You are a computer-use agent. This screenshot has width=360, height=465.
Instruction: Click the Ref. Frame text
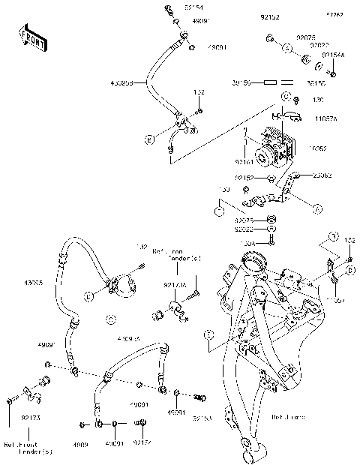coord(288,417)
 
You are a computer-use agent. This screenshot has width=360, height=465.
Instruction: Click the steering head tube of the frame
coord(252,265)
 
